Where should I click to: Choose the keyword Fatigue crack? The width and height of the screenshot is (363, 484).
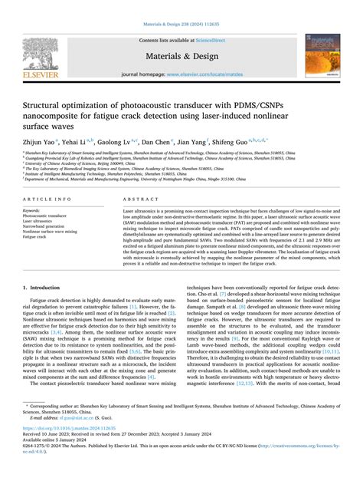click(36, 236)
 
